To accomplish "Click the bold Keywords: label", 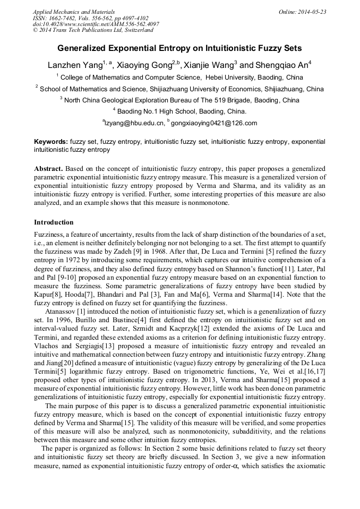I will point(50,142).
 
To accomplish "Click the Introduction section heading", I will point(54,222).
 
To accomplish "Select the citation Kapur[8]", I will point(46,294).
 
